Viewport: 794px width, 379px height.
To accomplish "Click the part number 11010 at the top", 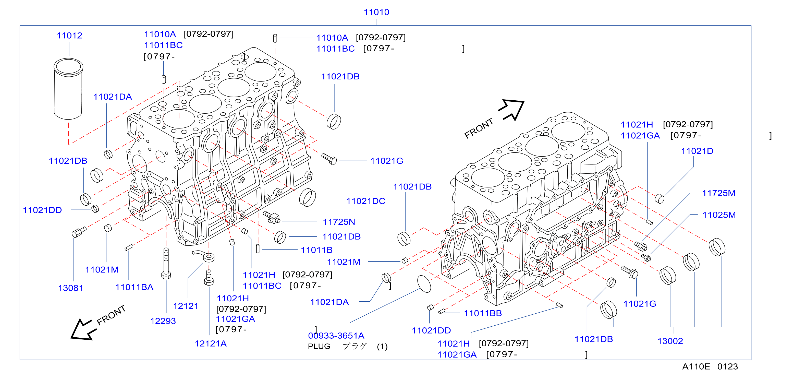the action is click(x=376, y=12).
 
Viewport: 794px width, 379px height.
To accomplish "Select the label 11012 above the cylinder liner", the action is click(x=69, y=36).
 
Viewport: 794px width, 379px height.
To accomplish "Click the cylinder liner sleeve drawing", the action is click(x=68, y=89).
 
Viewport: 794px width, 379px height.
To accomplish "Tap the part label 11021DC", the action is click(x=366, y=201).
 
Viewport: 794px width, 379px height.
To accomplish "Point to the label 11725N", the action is click(x=339, y=222).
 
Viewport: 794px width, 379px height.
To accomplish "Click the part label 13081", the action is click(x=71, y=288).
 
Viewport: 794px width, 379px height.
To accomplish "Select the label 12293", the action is click(x=163, y=321).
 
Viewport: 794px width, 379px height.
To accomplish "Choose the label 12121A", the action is click(x=211, y=344).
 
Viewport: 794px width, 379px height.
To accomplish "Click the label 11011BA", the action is click(x=135, y=287).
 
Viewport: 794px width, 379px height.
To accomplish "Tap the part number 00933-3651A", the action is click(x=336, y=336).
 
